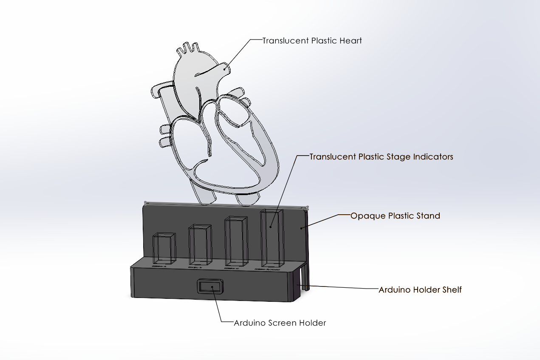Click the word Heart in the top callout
[351, 41]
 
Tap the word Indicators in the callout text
[433, 157]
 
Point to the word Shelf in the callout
[452, 290]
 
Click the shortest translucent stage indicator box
[164, 248]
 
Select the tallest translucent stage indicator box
[271, 238]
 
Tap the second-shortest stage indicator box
[200, 245]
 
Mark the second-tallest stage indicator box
[236, 241]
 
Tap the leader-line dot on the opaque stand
[302, 228]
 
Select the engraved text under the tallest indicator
[268, 269]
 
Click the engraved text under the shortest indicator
[159, 266]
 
